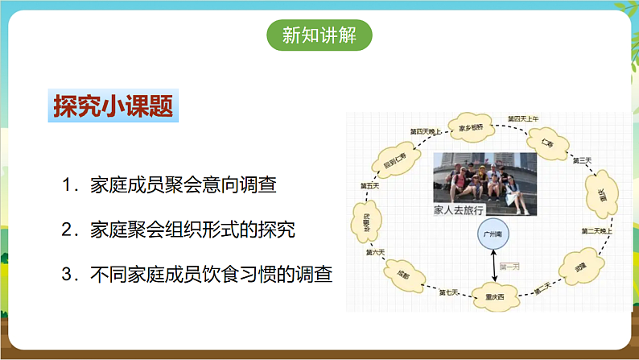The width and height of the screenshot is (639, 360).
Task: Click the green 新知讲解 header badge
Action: click(319, 35)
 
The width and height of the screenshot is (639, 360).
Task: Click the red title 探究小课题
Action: click(113, 106)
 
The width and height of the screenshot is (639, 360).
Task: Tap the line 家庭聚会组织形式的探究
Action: click(179, 230)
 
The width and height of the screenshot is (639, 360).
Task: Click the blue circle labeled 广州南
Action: click(493, 234)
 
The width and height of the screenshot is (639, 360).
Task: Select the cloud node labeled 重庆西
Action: click(494, 296)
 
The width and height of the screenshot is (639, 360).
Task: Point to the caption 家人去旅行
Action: click(458, 209)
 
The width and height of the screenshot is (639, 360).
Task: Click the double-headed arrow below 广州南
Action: click(494, 265)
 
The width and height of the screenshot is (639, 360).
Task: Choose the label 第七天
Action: click(448, 292)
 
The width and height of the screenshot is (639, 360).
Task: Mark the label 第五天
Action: click(369, 186)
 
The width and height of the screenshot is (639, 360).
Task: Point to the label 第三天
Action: click(582, 160)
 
